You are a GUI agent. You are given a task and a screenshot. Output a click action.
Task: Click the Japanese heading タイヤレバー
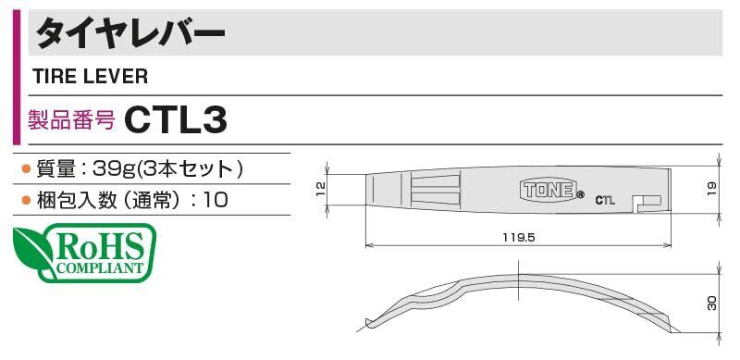coord(130,33)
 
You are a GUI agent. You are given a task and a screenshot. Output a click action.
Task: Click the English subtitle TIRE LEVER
coord(90,76)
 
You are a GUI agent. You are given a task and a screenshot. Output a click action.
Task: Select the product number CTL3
coord(176,120)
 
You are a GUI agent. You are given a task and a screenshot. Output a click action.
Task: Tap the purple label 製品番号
coord(71,120)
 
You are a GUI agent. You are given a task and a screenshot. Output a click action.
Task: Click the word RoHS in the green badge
coord(99,247)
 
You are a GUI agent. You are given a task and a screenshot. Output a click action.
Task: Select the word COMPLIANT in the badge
coord(99,268)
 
